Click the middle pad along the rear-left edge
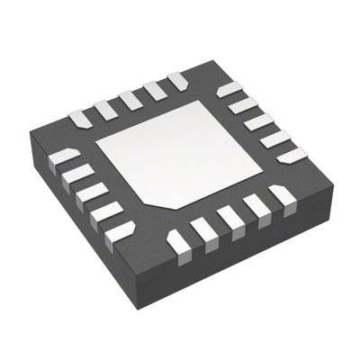pos(131,96)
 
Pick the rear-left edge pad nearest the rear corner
pos(178,80)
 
